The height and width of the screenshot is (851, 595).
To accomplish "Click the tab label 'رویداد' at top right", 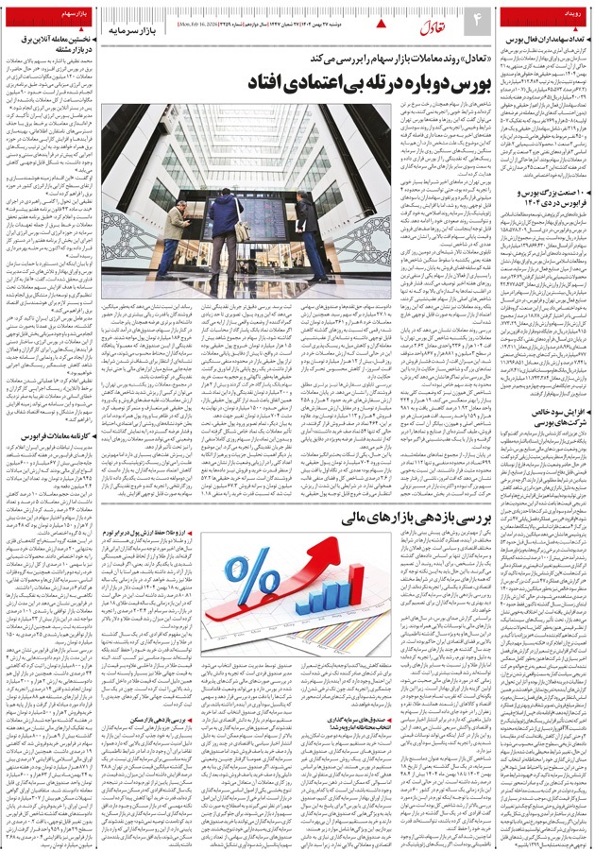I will click(x=568, y=15).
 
